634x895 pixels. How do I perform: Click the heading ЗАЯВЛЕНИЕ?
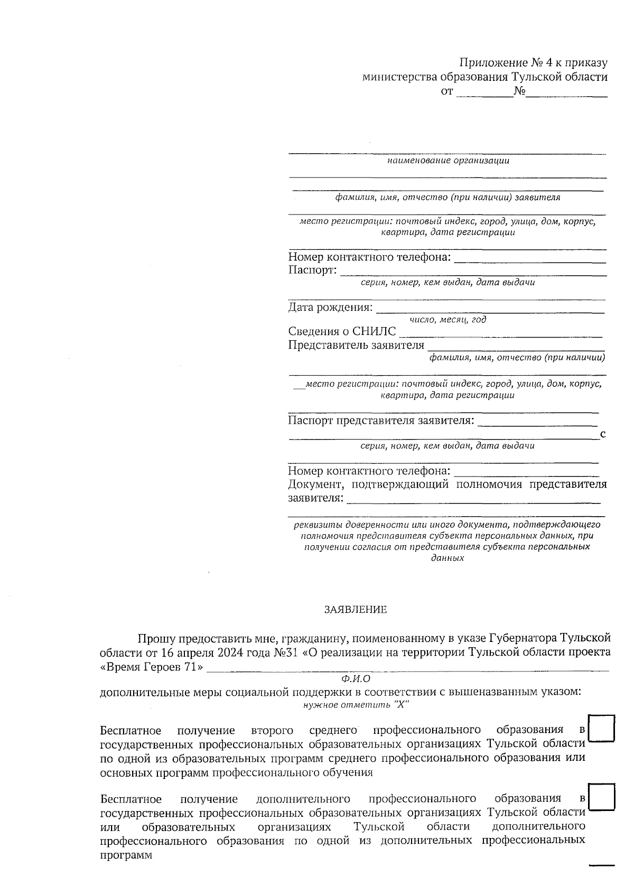(355, 610)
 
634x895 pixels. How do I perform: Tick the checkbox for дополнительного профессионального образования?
(601, 797)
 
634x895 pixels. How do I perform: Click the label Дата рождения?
(330, 307)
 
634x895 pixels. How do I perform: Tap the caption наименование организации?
(448, 161)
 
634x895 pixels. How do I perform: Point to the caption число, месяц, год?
(448, 320)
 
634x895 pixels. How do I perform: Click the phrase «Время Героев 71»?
(152, 667)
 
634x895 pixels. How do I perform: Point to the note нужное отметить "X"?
(356, 705)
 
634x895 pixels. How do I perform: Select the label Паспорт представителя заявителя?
(380, 421)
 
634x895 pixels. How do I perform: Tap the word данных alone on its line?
(447, 558)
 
